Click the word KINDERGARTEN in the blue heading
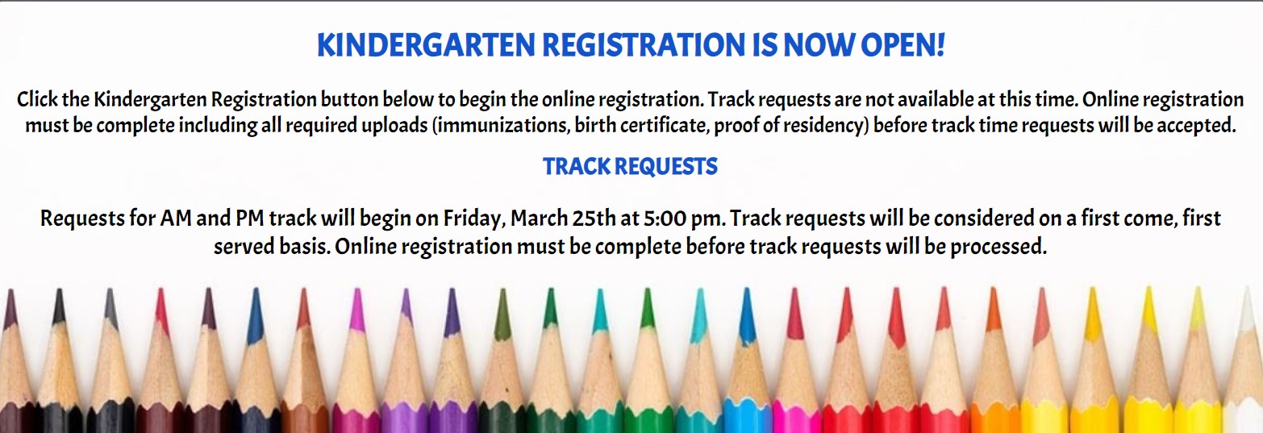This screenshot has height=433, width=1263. click(426, 46)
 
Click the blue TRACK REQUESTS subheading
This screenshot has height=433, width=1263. click(631, 167)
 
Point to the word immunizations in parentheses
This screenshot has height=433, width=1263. click(501, 125)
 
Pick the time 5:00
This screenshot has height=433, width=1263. click(665, 219)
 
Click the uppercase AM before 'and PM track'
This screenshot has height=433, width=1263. click(176, 219)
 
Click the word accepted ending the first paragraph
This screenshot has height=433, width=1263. click(1196, 125)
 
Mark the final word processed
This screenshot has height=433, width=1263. click(998, 247)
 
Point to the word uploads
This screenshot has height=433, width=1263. click(394, 125)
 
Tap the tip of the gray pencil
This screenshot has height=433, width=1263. click(110, 291)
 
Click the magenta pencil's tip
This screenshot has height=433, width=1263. click(356, 291)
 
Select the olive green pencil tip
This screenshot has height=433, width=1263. click(502, 291)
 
